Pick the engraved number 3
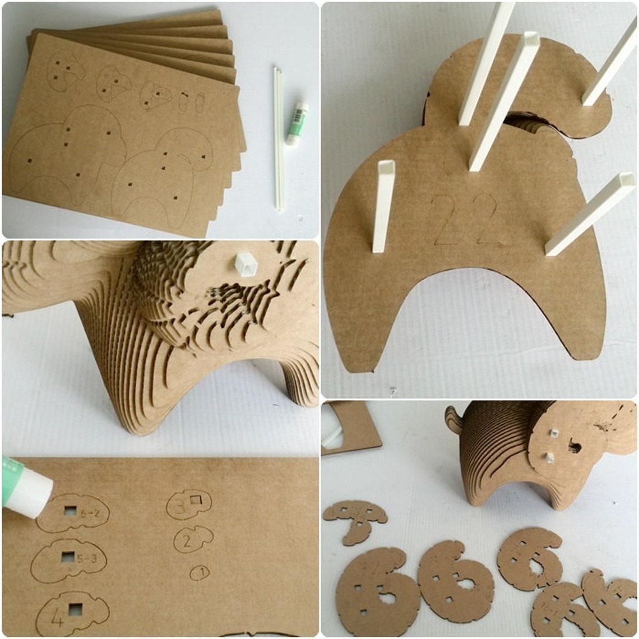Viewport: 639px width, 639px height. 180,507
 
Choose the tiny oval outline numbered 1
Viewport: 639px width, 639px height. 200,572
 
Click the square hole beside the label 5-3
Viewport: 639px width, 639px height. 68,557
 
